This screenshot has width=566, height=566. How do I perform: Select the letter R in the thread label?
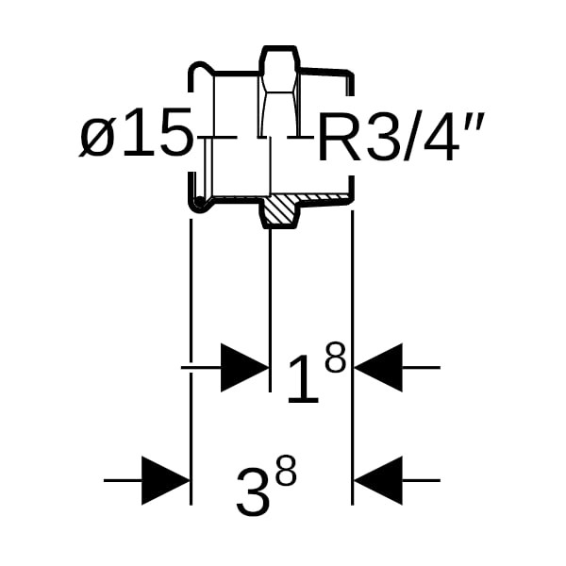click(338, 138)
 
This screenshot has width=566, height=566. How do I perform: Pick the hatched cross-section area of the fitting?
click(279, 209)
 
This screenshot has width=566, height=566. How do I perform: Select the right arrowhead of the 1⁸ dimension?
click(378, 367)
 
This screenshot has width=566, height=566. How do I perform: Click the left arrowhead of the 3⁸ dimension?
click(165, 480)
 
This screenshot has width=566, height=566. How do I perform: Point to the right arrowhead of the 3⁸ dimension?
click(378, 480)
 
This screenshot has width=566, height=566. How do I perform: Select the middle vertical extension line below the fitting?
click(271, 302)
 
